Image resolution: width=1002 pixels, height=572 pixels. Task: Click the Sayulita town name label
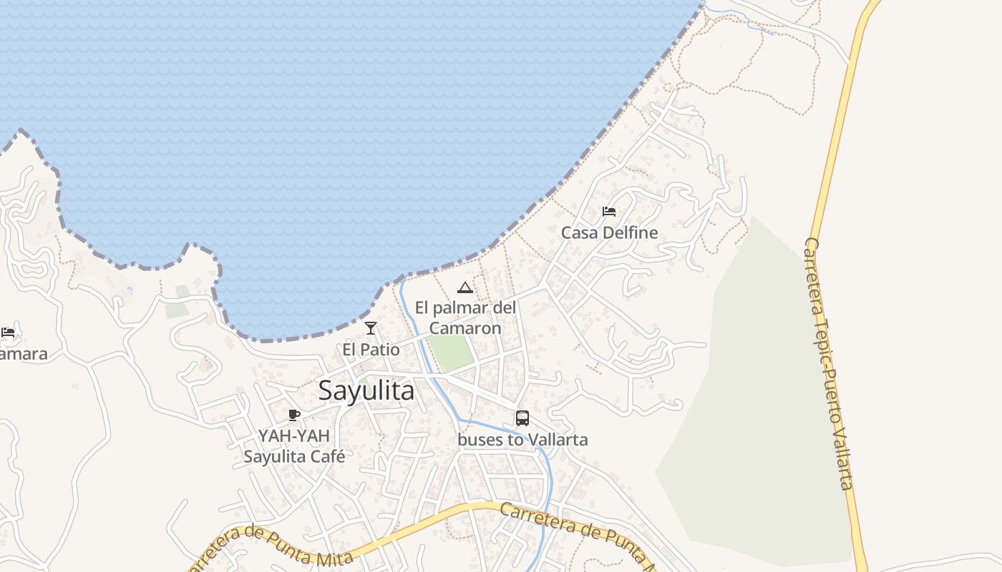coord(366,390)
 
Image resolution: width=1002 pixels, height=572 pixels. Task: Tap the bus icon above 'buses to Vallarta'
coord(522,418)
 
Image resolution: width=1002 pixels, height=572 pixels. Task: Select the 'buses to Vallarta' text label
coord(522,440)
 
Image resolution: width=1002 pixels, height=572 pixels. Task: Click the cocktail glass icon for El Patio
coord(371,328)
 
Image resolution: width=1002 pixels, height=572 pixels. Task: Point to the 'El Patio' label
coord(371,350)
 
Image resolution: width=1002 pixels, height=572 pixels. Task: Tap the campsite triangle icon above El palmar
coord(465,287)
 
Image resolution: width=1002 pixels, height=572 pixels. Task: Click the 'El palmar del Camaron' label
coord(465,318)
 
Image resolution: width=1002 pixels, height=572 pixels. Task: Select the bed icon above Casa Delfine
coord(609,212)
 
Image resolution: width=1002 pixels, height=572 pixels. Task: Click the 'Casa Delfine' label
coord(609,233)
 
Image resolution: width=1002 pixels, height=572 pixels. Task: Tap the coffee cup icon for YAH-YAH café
coord(293,415)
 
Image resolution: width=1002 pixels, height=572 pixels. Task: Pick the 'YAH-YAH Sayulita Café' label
coord(294,446)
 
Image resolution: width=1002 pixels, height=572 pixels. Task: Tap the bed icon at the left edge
coord(8,332)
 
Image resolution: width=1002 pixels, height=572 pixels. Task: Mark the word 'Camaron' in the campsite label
coord(465,328)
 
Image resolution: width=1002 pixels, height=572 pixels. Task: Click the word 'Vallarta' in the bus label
coord(558,440)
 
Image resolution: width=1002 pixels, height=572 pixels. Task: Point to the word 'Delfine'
coord(630,233)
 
